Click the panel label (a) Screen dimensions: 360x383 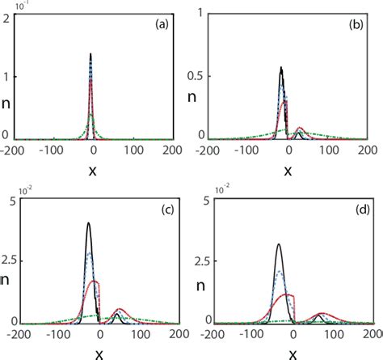162,25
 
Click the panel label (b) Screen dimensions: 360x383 356,25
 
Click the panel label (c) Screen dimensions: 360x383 162,213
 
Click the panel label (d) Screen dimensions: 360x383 356,213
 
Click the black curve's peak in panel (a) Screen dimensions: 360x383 90,54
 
